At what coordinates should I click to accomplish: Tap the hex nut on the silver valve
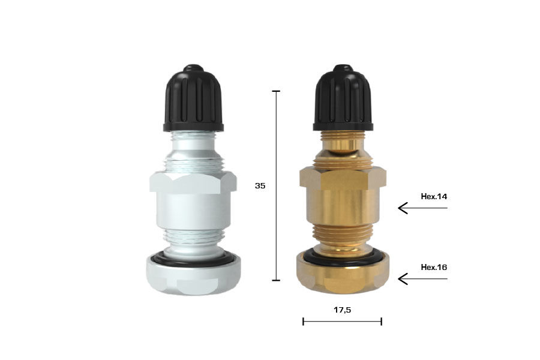193,182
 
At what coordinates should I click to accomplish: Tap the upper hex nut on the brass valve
343,177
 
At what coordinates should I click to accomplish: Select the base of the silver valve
193,277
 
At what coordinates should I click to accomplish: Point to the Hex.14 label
434,196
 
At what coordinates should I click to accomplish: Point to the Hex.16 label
434,267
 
